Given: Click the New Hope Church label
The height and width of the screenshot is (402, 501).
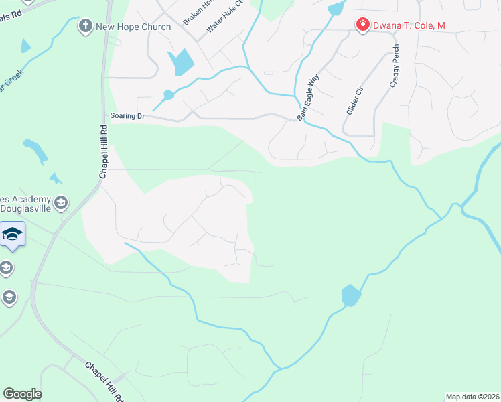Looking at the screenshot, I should point(133,27).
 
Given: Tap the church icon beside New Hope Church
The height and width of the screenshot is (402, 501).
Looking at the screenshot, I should point(85,27).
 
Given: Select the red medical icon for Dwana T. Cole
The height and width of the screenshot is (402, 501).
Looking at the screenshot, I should point(362,25).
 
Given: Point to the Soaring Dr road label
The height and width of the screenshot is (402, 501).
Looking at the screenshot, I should point(127,116).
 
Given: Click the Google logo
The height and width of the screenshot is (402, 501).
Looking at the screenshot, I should point(22,394).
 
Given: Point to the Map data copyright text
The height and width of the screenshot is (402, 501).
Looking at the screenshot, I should point(473,397).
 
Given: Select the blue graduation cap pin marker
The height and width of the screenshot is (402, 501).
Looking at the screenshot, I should point(11,234).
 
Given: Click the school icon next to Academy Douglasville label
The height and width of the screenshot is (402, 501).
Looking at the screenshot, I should point(61,202).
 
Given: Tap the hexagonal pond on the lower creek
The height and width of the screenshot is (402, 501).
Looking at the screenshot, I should point(350,295).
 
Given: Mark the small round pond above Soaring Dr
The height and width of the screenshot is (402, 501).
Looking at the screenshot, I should point(168,95).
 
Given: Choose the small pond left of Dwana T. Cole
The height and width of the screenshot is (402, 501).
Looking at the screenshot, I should point(336,9).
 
